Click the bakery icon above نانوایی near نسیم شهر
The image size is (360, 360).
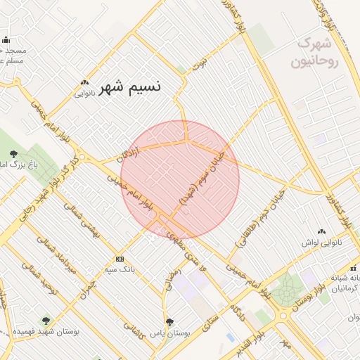[85, 82]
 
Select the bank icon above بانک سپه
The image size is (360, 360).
[119, 259]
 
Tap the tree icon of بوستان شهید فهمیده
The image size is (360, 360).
[46, 321]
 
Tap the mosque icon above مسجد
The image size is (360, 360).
[6, 40]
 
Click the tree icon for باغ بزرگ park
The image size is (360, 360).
[14, 154]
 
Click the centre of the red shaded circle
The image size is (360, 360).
[180, 180]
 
